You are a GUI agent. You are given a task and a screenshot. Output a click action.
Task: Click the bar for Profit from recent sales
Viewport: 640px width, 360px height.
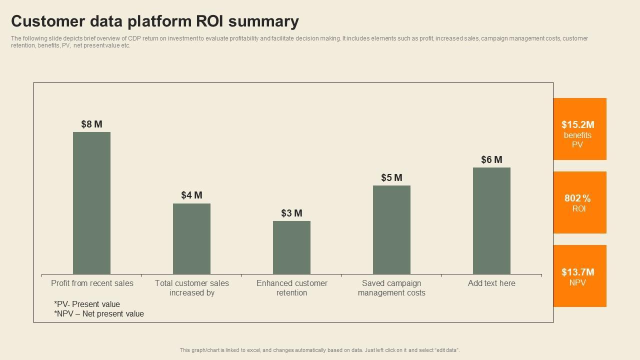pyautogui.click(x=91, y=203)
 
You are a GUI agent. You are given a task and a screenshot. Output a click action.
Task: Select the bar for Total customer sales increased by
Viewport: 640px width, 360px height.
pyautogui.click(x=191, y=238)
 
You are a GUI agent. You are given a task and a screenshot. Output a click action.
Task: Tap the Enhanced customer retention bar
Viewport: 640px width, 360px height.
pyautogui.click(x=291, y=247)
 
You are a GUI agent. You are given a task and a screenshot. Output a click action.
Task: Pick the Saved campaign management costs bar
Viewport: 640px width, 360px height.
pyautogui.click(x=391, y=229)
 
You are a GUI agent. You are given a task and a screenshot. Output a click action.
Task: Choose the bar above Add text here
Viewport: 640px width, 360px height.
pyautogui.click(x=491, y=220)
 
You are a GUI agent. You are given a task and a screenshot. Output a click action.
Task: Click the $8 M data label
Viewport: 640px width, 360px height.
pyautogui.click(x=91, y=124)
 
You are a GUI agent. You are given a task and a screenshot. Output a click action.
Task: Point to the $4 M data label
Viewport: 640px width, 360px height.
pyautogui.click(x=191, y=195)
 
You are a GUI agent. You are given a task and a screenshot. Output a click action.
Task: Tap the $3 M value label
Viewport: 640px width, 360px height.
pyautogui.click(x=291, y=213)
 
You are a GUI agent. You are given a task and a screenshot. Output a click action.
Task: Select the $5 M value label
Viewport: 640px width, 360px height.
pyautogui.click(x=391, y=177)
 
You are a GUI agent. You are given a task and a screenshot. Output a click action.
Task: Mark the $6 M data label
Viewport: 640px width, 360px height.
pyautogui.click(x=491, y=159)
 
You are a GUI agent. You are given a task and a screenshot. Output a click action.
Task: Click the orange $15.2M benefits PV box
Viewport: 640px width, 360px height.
pyautogui.click(x=579, y=129)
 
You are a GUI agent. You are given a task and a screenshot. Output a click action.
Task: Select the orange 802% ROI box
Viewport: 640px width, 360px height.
pyautogui.click(x=579, y=202)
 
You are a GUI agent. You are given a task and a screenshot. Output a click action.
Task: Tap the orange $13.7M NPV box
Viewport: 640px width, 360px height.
pyautogui.click(x=579, y=276)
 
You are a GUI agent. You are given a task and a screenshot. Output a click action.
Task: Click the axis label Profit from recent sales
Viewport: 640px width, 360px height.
pyautogui.click(x=92, y=283)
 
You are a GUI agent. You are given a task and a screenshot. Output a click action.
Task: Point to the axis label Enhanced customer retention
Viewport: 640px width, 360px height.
pyautogui.click(x=292, y=287)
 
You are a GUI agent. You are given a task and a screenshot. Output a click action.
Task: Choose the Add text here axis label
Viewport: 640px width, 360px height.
pyautogui.click(x=491, y=283)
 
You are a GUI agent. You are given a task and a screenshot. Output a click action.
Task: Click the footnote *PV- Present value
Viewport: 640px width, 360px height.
pyautogui.click(x=87, y=304)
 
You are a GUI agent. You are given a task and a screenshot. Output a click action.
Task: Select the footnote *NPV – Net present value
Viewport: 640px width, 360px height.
pyautogui.click(x=99, y=313)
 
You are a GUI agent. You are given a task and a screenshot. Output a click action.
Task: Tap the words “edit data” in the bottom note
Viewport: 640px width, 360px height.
pyautogui.click(x=447, y=350)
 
